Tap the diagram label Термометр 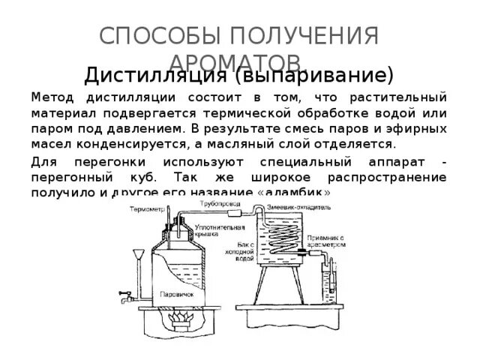tap(149, 210)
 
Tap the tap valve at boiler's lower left tap(120, 299)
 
